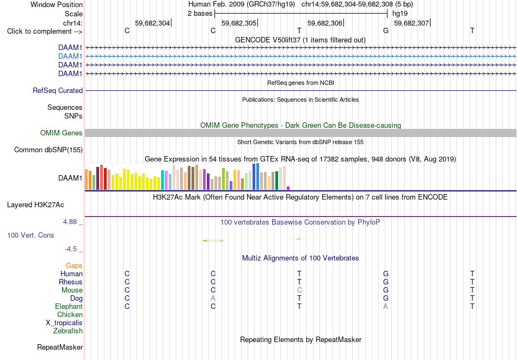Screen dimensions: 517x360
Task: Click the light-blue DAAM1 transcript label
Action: tap(70, 57)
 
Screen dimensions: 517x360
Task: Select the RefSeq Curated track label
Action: tap(58, 91)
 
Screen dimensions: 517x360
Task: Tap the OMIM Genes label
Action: tap(61, 133)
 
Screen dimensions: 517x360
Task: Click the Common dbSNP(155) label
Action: tap(48, 150)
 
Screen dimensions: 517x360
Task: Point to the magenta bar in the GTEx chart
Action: tap(288, 188)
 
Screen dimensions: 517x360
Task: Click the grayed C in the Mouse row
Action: tap(299, 290)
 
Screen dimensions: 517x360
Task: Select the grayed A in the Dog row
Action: tap(213, 299)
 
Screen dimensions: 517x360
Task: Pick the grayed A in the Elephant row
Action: tap(385, 307)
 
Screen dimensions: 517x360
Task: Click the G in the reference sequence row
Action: tap(386, 30)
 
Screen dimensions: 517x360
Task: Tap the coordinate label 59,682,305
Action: tap(239, 23)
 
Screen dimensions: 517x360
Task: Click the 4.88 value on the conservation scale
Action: tap(70, 222)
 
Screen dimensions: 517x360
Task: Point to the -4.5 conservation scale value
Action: tap(71, 249)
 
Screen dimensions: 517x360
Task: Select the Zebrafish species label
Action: tap(68, 331)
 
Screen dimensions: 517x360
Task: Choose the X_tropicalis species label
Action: tap(64, 323)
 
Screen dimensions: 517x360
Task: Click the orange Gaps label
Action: tap(74, 265)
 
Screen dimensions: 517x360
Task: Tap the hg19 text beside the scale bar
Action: tap(400, 14)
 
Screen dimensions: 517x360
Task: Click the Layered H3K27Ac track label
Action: tap(35, 205)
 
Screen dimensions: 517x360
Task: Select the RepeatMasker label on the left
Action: tap(60, 347)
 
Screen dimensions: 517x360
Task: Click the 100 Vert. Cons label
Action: tap(30, 235)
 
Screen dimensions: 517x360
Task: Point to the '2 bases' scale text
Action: tap(200, 14)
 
